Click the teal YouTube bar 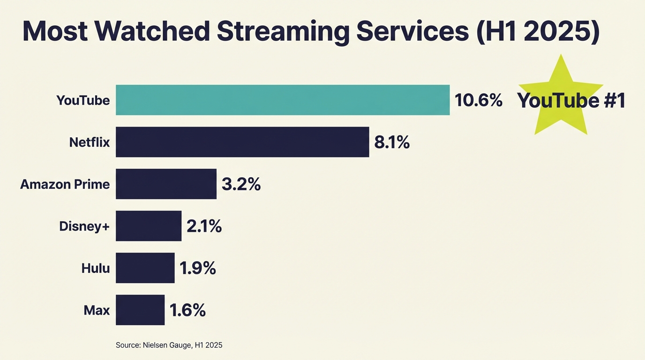[x=283, y=100]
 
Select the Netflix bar [x=242, y=142]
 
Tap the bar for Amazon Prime [x=166, y=184]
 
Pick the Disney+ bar [x=149, y=226]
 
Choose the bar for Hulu [x=145, y=268]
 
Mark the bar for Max [x=140, y=310]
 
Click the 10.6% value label [x=478, y=100]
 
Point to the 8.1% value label [x=392, y=142]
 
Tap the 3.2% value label [x=241, y=184]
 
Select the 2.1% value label [x=204, y=226]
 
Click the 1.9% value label [x=197, y=268]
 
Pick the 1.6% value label [x=187, y=310]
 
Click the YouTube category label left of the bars [x=83, y=100]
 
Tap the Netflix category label [x=89, y=142]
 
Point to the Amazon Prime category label [x=65, y=184]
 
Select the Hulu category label [x=95, y=268]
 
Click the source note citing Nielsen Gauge [x=169, y=345]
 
